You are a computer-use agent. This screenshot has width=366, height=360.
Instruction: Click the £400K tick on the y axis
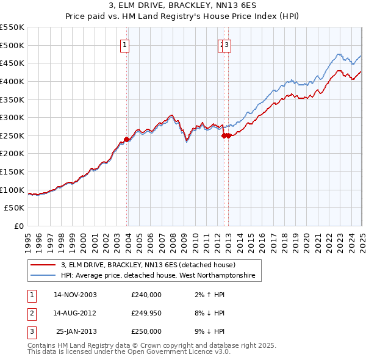click(x=12, y=81)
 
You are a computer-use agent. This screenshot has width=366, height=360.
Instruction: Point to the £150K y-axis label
click(x=12, y=171)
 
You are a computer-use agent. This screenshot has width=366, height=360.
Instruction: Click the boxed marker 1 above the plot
click(x=124, y=44)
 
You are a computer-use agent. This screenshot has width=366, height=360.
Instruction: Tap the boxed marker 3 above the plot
click(x=227, y=44)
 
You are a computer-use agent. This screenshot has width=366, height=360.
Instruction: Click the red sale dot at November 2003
click(x=126, y=139)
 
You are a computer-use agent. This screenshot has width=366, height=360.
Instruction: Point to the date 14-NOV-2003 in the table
click(x=75, y=294)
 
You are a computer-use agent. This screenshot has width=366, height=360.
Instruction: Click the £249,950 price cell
click(x=146, y=313)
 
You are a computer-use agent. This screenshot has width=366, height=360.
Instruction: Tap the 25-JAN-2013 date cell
click(x=76, y=331)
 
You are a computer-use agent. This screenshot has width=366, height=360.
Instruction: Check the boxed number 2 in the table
click(x=30, y=313)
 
